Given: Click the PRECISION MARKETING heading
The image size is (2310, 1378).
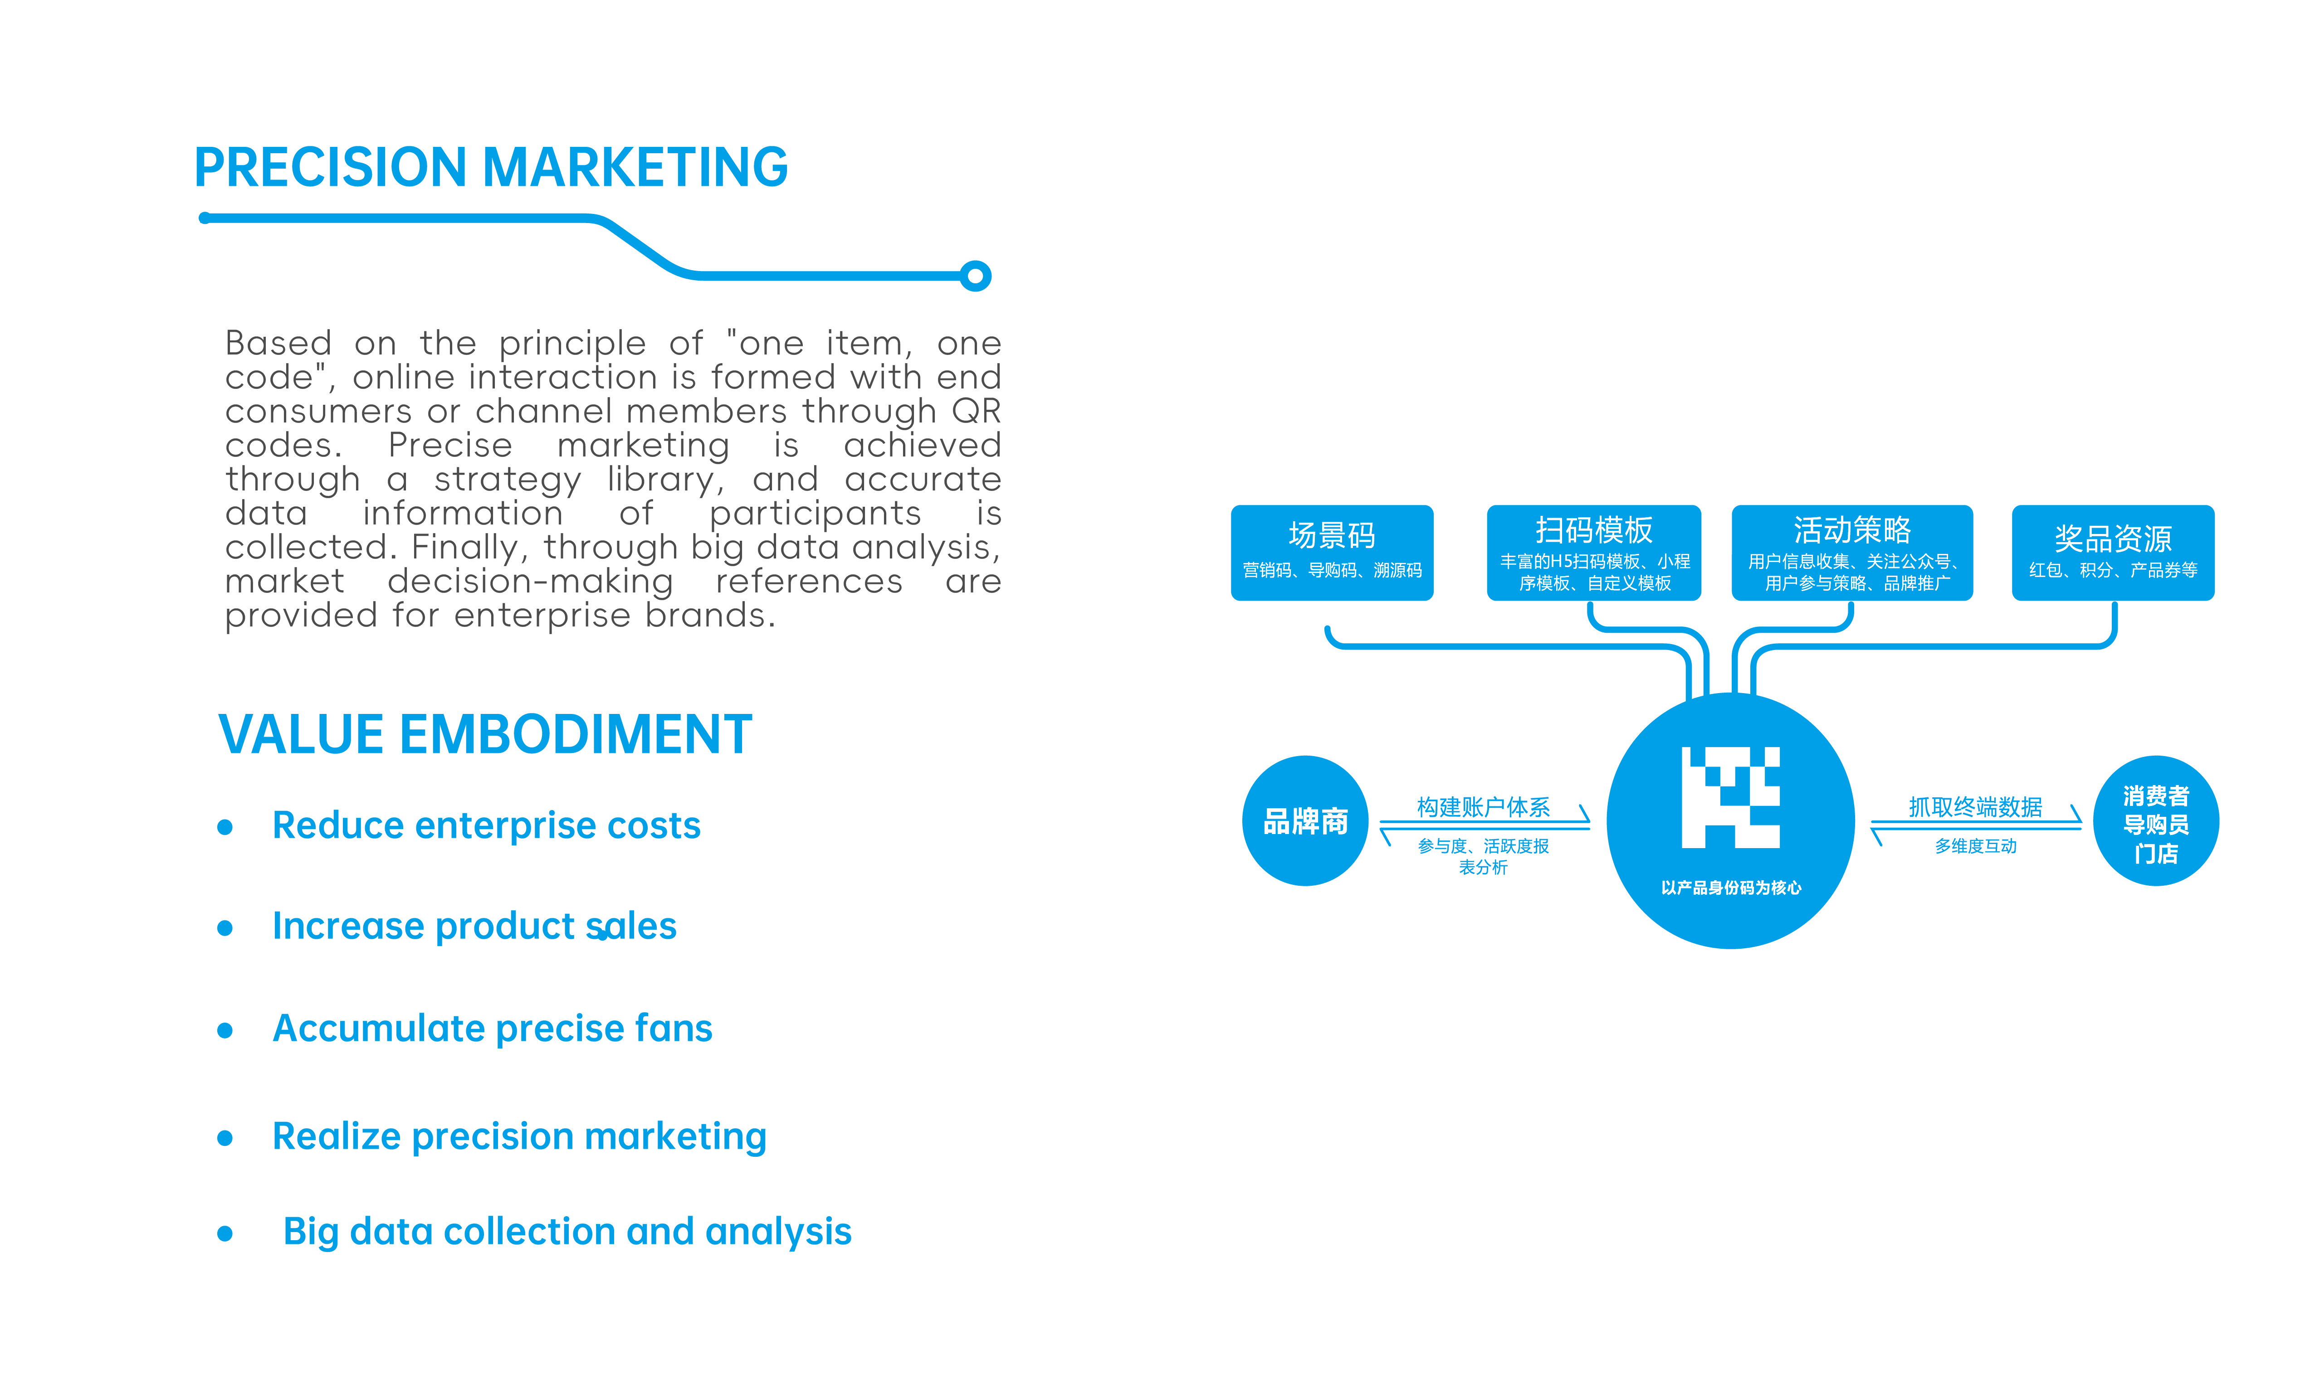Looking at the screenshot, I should click(490, 168).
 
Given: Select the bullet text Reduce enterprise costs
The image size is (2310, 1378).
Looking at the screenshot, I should click(486, 825).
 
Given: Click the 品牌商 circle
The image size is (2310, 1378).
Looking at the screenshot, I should click(1305, 821).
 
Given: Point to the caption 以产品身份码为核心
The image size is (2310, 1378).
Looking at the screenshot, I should click(1730, 888).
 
